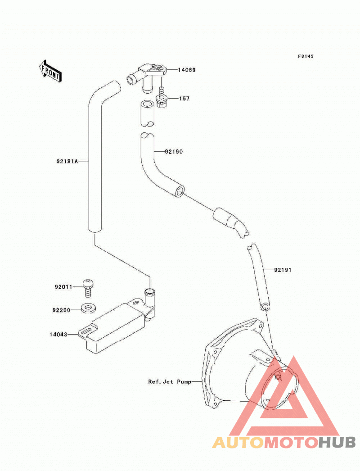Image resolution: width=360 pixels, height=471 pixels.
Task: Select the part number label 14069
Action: tap(186, 70)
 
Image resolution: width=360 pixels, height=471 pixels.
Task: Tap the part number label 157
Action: tap(184, 99)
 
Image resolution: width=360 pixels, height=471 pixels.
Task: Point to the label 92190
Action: tap(174, 151)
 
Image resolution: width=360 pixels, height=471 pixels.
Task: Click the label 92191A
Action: tap(67, 161)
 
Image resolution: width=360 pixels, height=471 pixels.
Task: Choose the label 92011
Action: tap(63, 287)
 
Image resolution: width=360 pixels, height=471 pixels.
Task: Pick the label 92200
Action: tap(61, 310)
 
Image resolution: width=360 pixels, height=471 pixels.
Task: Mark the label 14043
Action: tap(58, 334)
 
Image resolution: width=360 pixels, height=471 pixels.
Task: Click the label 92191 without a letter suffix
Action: tap(283, 270)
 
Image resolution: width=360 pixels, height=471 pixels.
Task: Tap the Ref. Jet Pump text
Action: tap(170, 382)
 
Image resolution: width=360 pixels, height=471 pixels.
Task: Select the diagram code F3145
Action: tap(306, 56)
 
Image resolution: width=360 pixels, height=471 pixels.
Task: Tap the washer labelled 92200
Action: tap(88, 308)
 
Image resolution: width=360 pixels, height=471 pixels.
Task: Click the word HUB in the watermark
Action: tap(337, 443)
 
